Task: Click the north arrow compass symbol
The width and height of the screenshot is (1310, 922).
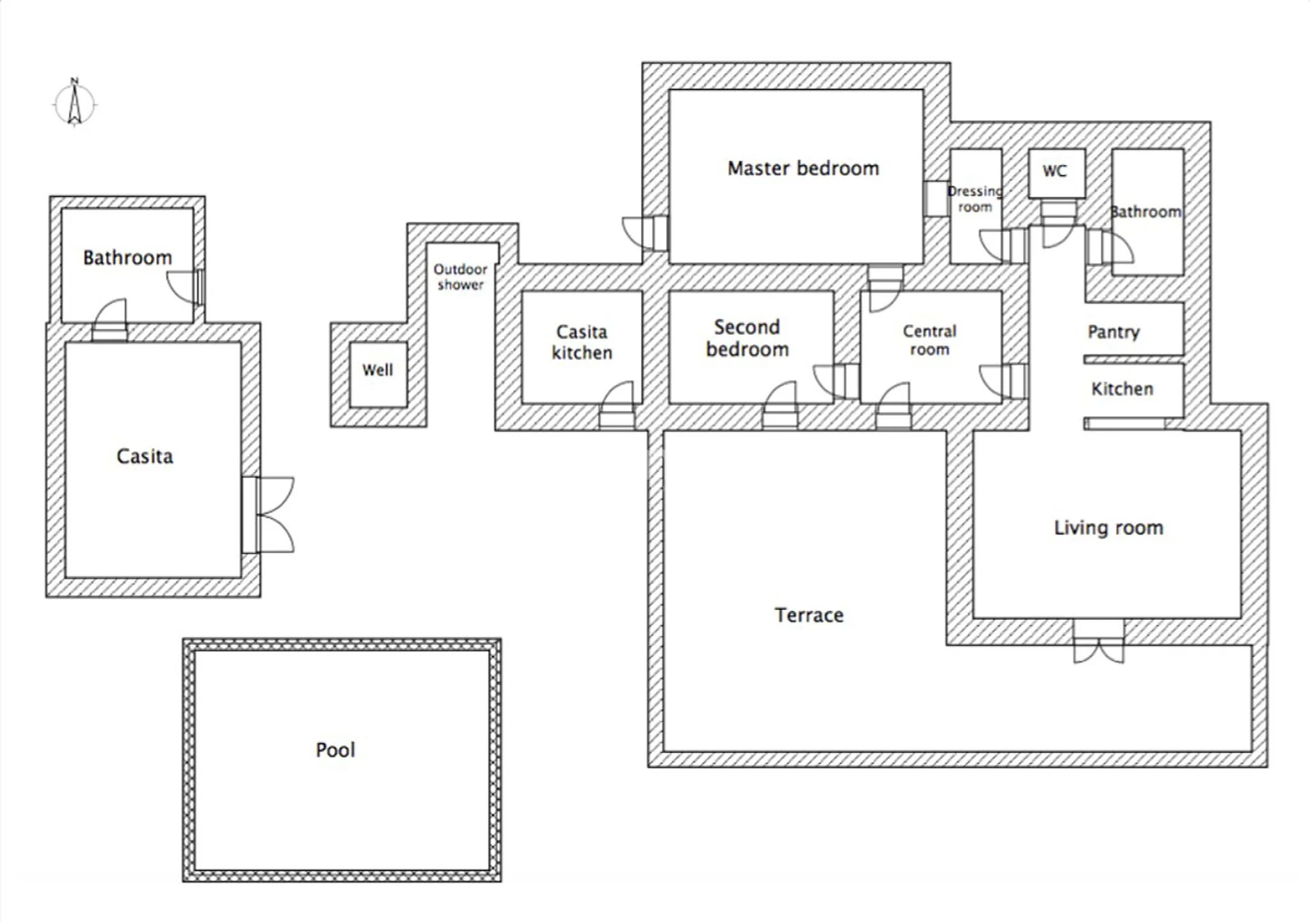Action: (74, 103)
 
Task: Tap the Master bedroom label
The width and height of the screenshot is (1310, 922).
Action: (803, 168)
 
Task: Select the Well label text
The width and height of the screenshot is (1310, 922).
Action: (378, 370)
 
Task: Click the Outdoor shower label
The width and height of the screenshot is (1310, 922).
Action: (460, 277)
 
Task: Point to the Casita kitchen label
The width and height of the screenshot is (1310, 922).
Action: (582, 343)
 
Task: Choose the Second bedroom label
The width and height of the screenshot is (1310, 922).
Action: (747, 338)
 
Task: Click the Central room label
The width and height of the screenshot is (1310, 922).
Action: (929, 340)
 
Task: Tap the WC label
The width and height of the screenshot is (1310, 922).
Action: (1055, 171)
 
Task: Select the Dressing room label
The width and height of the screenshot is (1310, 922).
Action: (975, 199)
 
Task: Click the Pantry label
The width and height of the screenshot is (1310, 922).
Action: (1114, 332)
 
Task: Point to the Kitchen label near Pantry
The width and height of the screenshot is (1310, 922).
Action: (1122, 389)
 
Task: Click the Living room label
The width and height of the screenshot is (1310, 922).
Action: (1108, 528)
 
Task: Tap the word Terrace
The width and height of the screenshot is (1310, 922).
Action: (809, 615)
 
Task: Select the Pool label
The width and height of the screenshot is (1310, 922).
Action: (335, 750)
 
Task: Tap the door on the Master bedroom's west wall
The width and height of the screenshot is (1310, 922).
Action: (646, 233)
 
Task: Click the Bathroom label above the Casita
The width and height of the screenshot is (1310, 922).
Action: (127, 257)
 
